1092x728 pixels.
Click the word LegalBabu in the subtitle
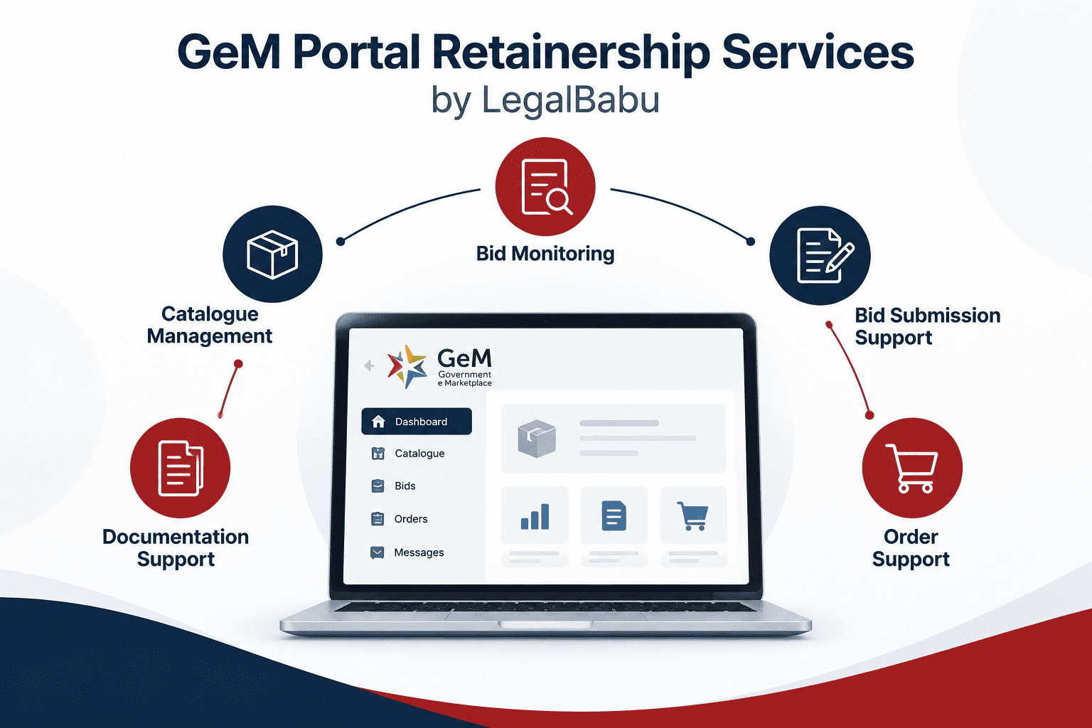(x=570, y=100)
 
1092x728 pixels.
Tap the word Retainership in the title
(x=571, y=53)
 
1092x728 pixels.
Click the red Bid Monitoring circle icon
(x=545, y=187)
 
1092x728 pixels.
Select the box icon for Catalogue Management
(x=272, y=254)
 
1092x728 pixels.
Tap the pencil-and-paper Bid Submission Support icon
(x=820, y=255)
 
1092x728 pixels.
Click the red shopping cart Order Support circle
(x=912, y=468)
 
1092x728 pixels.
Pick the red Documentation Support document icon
(x=180, y=468)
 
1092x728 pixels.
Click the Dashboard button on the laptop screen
(x=417, y=422)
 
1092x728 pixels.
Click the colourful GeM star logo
(x=407, y=366)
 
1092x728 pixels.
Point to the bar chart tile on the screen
(x=535, y=515)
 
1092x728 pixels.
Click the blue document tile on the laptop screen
(x=614, y=515)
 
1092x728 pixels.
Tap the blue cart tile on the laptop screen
(x=693, y=515)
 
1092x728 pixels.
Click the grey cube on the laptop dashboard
(x=537, y=439)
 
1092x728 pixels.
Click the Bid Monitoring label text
(x=545, y=254)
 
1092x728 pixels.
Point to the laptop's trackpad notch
(x=545, y=625)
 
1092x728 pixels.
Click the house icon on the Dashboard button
(x=378, y=422)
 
